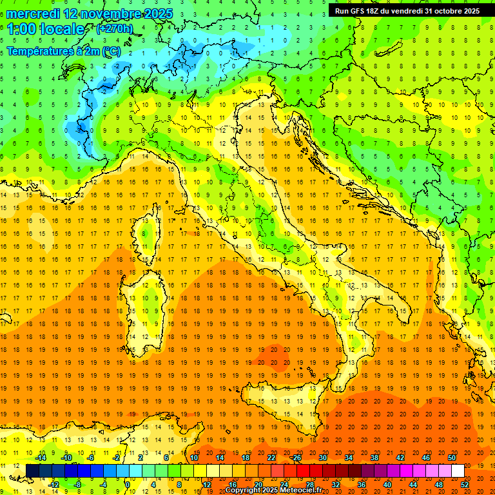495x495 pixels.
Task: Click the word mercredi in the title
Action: coord(30,14)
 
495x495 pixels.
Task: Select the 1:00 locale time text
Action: coord(46,29)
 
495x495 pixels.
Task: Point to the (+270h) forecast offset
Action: coord(115,28)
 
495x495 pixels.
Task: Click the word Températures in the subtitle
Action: coord(41,51)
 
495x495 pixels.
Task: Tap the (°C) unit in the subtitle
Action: coord(110,51)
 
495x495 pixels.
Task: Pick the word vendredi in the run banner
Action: coord(404,11)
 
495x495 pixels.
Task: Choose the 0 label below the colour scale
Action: coord(128,485)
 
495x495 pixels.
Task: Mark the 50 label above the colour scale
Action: coord(451,458)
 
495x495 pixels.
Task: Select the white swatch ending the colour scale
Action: coord(458,471)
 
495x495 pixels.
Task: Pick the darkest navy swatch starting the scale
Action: coord(32,471)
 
